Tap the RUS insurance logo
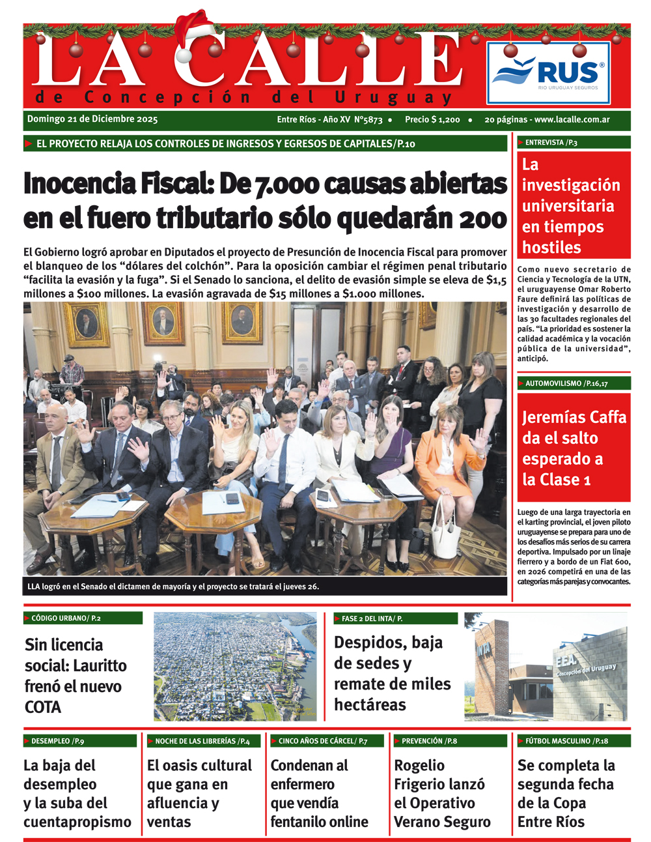548,73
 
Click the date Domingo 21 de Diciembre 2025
92,119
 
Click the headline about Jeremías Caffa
574,448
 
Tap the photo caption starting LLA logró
173,587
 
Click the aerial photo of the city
235,666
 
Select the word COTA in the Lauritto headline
43,707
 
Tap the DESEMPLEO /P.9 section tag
58,741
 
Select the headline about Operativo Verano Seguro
442,794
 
